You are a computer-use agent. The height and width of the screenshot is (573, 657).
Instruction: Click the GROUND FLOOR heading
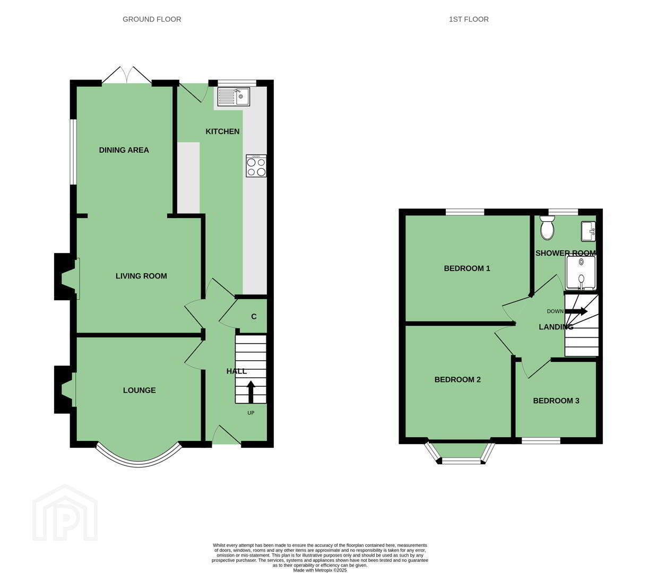tap(152, 19)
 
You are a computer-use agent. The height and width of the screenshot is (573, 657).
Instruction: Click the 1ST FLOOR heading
tap(469, 19)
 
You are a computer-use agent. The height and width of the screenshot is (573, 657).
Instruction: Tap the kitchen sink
tap(234, 97)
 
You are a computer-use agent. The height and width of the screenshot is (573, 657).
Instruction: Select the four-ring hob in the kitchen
tap(256, 166)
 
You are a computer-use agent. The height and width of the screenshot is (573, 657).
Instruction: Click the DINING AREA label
tap(124, 150)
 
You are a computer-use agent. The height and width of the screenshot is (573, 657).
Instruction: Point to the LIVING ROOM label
tap(141, 276)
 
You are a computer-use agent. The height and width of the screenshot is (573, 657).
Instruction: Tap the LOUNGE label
tap(139, 390)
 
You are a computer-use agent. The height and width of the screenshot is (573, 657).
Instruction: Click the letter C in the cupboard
tap(254, 317)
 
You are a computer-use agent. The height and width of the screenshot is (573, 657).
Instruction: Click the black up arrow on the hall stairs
tap(250, 392)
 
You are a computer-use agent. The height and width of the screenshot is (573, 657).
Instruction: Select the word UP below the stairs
tap(251, 413)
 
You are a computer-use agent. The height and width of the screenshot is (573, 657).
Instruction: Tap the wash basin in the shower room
tap(589, 231)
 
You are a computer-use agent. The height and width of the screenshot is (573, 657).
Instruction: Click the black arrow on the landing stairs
tap(576, 311)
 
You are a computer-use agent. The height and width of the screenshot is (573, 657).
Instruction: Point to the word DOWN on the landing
tap(555, 311)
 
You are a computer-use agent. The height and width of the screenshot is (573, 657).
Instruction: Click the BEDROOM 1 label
tap(467, 268)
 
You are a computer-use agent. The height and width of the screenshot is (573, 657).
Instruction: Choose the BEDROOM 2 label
tap(457, 379)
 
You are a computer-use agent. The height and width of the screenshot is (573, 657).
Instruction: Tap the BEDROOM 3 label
tap(556, 401)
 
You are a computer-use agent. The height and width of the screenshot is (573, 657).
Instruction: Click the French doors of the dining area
tap(127, 76)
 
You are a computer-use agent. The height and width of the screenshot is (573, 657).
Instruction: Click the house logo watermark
tap(65, 513)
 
